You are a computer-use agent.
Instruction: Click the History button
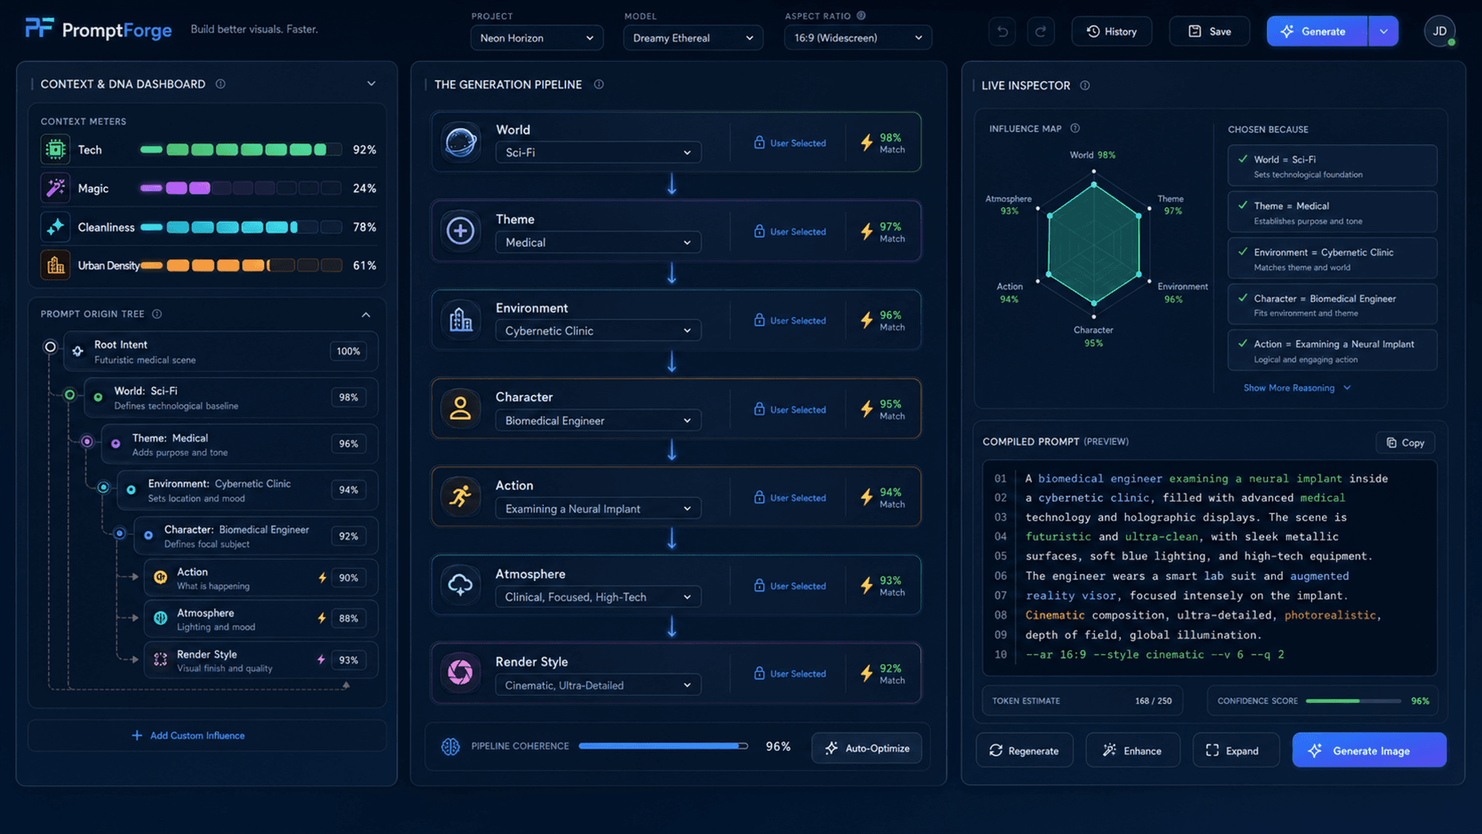pyautogui.click(x=1111, y=31)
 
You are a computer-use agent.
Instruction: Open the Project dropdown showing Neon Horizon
pyautogui.click(x=537, y=38)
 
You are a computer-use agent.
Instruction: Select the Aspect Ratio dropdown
pyautogui.click(x=858, y=38)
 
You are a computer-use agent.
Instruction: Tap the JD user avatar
pyautogui.click(x=1439, y=31)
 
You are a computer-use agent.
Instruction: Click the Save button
pyautogui.click(x=1209, y=31)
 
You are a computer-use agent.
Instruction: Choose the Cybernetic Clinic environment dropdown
pyautogui.click(x=598, y=331)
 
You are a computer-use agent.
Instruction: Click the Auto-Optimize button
pyautogui.click(x=867, y=748)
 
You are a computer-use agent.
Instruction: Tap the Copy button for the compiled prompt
pyautogui.click(x=1405, y=442)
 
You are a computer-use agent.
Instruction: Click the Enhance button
pyautogui.click(x=1132, y=750)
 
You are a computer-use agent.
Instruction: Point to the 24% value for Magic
pyautogui.click(x=364, y=188)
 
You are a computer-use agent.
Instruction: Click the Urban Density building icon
pyautogui.click(x=56, y=266)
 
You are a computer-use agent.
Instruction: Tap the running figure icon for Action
pyautogui.click(x=460, y=497)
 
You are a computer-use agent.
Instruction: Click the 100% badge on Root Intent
pyautogui.click(x=348, y=351)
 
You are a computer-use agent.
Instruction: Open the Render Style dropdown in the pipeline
pyautogui.click(x=598, y=685)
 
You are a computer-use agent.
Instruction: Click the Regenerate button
pyautogui.click(x=1024, y=750)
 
